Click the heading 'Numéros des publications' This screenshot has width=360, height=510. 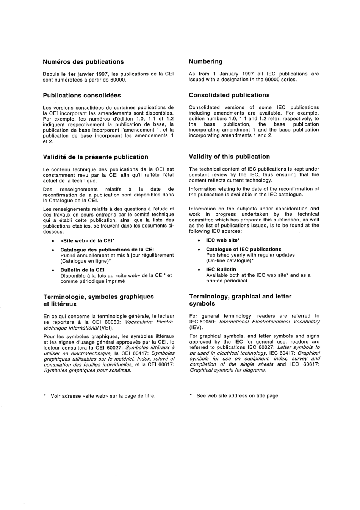[83, 62]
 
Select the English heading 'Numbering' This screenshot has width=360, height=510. [205, 61]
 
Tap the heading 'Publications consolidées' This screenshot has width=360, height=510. [82, 95]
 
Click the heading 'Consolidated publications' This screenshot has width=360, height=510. [229, 95]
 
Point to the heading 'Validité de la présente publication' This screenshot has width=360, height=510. [95, 157]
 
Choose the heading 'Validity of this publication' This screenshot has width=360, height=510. [229, 157]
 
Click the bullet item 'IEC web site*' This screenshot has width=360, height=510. [223, 240]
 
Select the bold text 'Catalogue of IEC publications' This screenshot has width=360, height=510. [244, 249]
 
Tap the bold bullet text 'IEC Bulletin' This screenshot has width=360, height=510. [221, 270]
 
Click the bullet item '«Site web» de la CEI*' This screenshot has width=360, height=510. [88, 240]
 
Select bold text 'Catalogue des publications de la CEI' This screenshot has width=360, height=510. [107, 250]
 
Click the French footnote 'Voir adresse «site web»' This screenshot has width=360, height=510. [103, 396]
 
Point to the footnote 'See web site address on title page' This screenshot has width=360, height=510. [238, 395]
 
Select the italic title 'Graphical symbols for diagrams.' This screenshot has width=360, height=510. [228, 370]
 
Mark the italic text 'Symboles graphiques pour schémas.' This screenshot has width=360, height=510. [88, 370]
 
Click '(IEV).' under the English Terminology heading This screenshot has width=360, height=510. [196, 327]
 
